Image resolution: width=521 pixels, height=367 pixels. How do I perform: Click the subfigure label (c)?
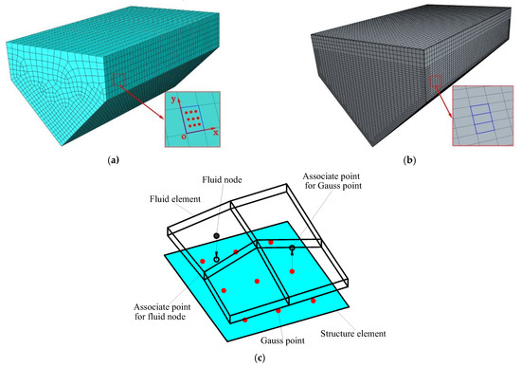point(260,358)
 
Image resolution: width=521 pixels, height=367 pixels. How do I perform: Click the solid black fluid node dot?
point(217,234)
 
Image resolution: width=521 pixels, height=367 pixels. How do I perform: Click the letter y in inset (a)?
point(173,99)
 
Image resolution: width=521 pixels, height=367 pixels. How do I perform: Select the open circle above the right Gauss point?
point(292,248)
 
